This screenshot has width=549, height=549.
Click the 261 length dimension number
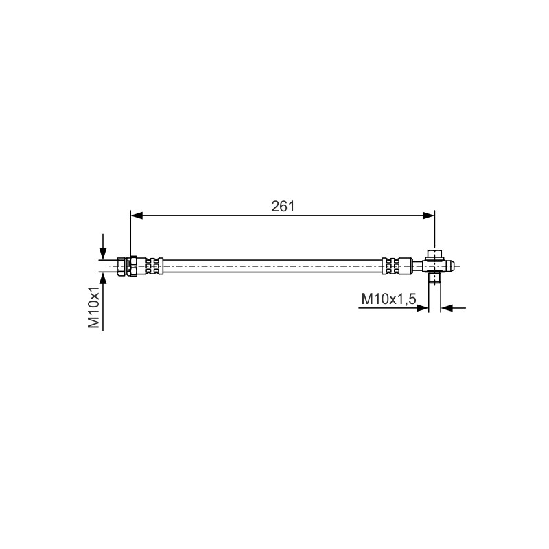(283, 207)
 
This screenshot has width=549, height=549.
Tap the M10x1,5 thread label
(388, 299)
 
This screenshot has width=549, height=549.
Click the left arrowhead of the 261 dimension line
(137, 215)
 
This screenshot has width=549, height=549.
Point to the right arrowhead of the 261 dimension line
(428, 215)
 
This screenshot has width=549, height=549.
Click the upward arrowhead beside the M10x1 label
(103, 279)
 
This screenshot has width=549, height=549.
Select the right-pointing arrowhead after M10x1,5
(423, 308)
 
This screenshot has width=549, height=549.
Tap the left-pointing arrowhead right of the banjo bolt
(447, 308)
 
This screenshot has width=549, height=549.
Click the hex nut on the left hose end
(133, 266)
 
